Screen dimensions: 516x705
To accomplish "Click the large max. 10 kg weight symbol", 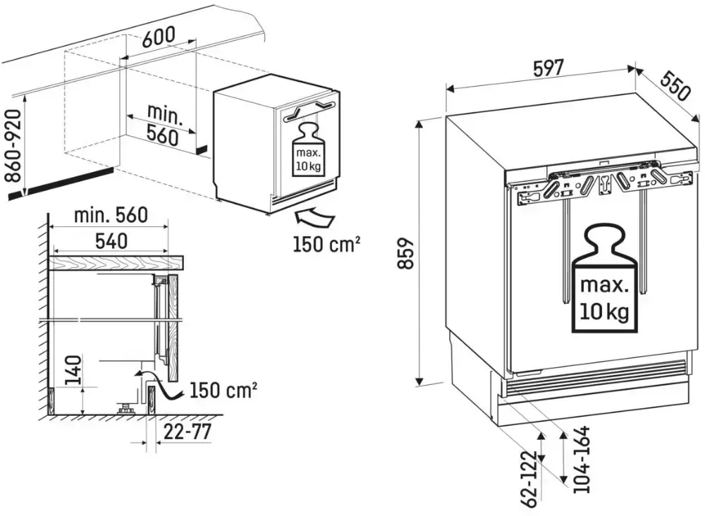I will pyautogui.click(x=604, y=279).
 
